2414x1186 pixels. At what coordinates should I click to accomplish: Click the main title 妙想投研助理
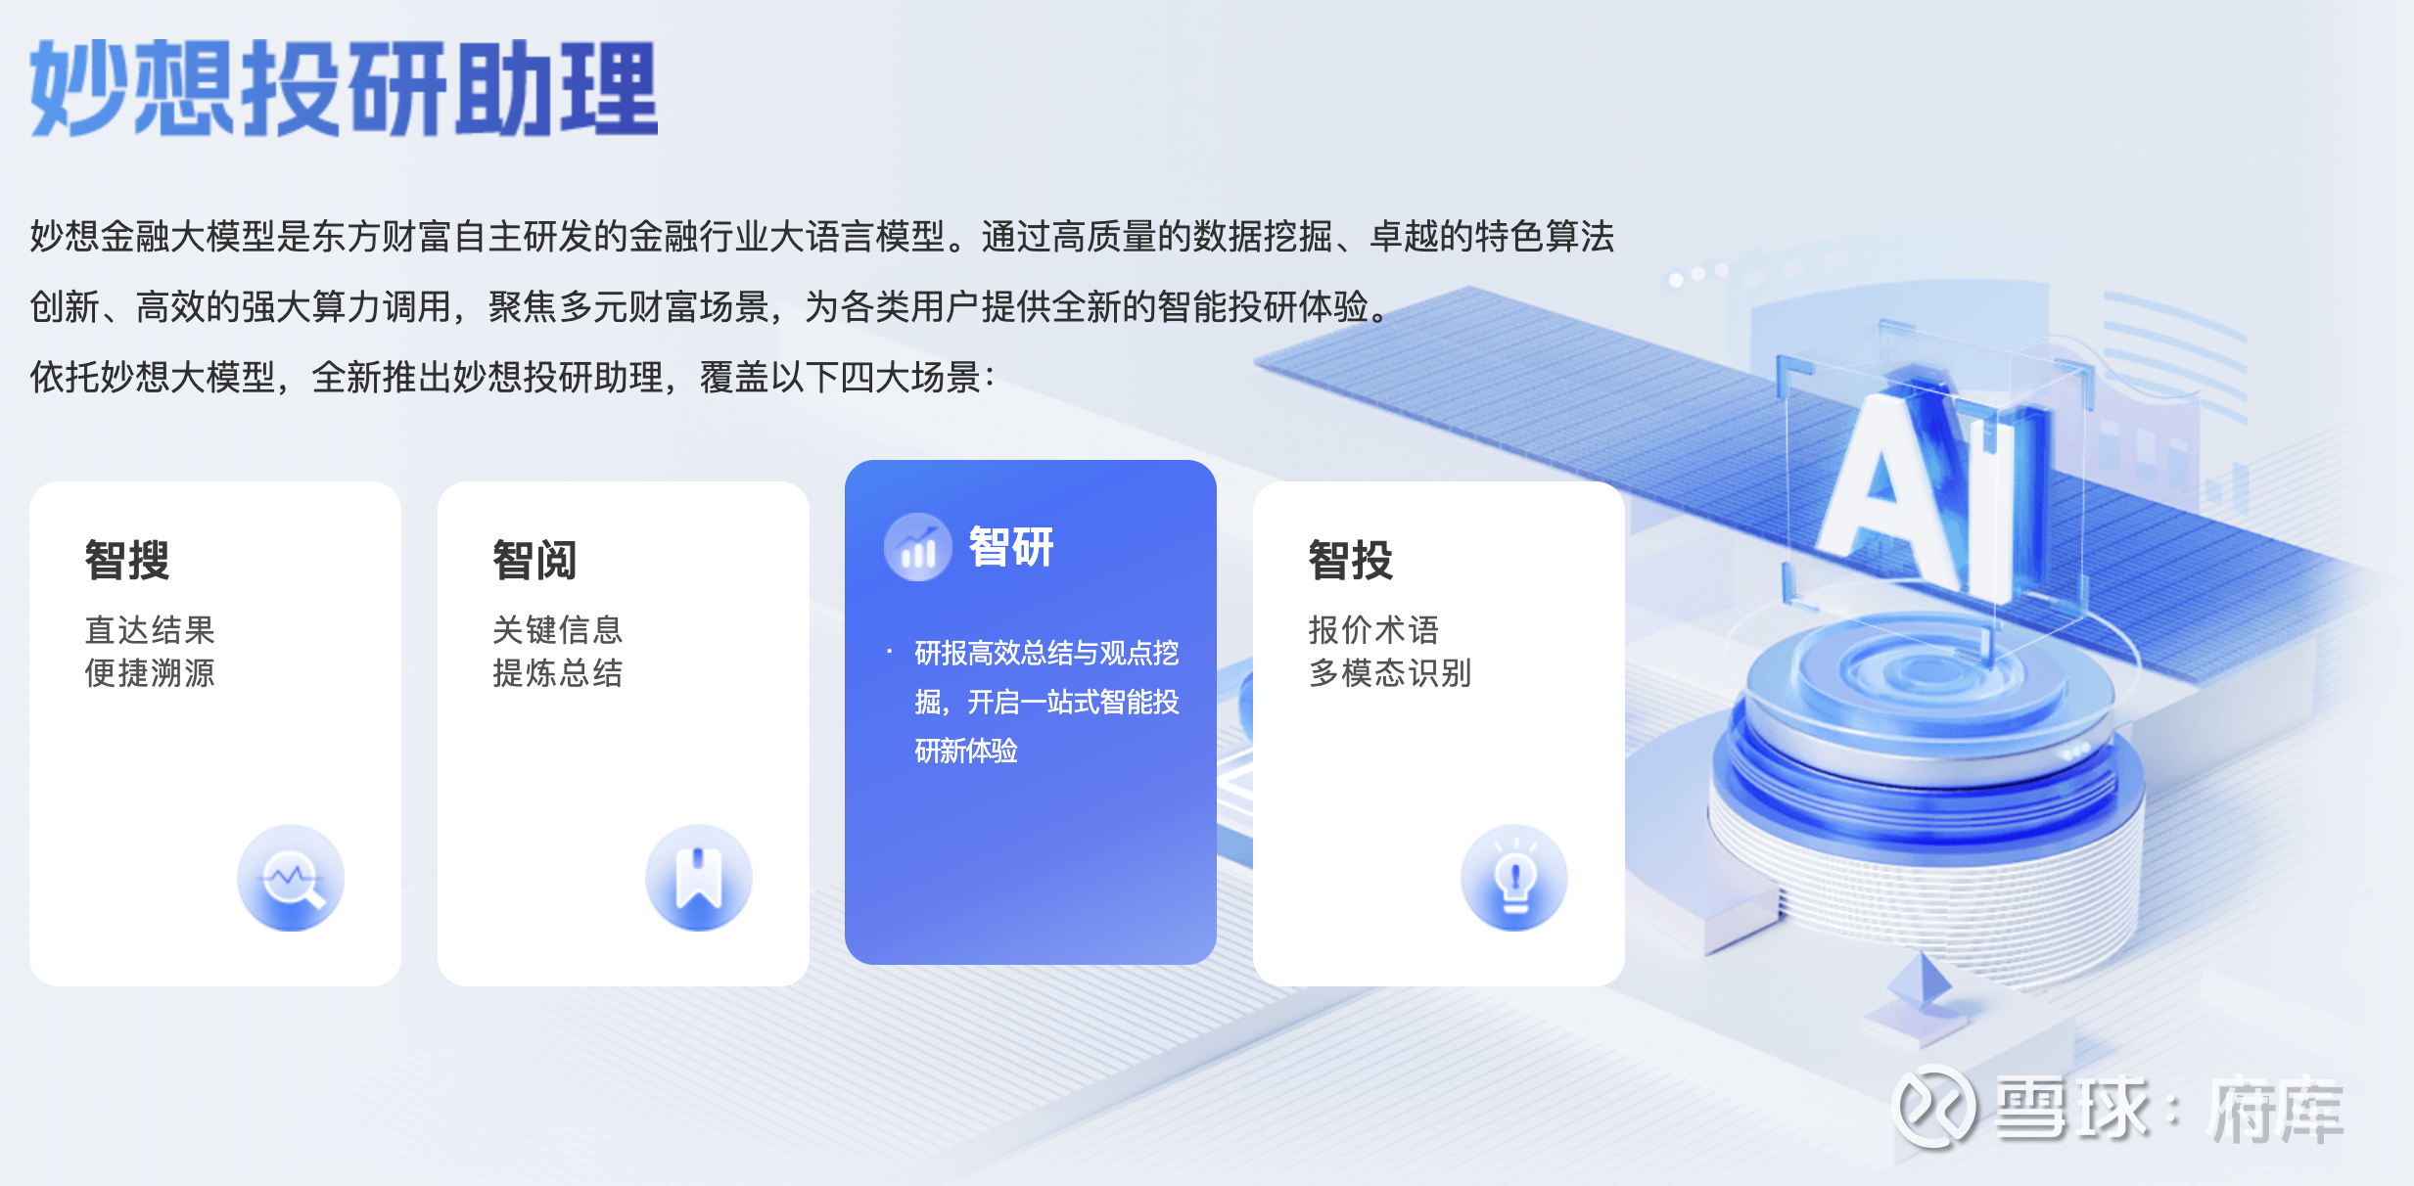click(x=344, y=88)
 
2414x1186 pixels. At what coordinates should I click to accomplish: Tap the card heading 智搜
click(x=127, y=560)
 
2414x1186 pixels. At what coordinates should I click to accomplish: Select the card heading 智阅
click(x=534, y=560)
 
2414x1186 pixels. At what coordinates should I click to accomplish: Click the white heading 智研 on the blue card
click(x=1011, y=546)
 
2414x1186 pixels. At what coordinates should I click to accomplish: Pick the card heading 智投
click(x=1351, y=560)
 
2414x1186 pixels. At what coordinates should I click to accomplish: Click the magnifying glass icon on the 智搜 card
click(x=291, y=878)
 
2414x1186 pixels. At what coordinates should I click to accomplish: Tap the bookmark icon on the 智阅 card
click(x=699, y=878)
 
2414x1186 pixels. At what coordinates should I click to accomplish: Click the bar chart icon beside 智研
click(x=918, y=547)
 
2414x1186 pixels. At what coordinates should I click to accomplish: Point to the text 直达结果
click(x=150, y=630)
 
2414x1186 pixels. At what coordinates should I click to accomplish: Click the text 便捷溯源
click(x=150, y=673)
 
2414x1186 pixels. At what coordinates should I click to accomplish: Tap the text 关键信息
click(x=558, y=630)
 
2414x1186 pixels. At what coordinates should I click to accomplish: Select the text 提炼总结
click(x=558, y=673)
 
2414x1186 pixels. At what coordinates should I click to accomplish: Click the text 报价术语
click(x=1373, y=630)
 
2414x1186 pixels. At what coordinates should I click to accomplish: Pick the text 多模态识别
click(x=1390, y=673)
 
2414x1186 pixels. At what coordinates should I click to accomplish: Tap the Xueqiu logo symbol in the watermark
click(x=1934, y=1107)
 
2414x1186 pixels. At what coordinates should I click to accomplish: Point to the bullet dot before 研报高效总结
click(x=889, y=652)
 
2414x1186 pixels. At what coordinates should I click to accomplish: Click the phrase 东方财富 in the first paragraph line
click(x=381, y=237)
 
